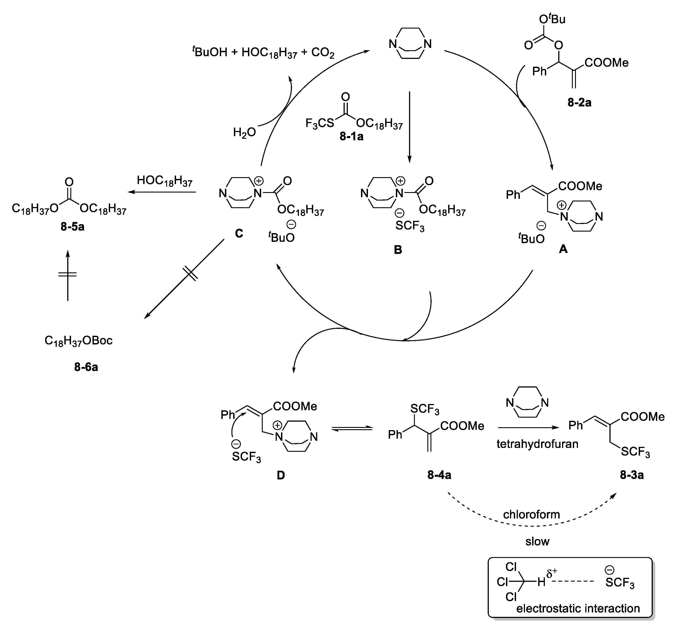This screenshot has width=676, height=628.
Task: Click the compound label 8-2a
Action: [579, 102]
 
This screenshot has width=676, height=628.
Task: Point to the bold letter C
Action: [239, 233]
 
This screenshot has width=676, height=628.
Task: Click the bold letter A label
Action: [563, 249]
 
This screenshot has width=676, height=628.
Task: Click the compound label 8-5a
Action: [72, 226]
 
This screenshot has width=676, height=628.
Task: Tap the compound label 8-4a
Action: [439, 475]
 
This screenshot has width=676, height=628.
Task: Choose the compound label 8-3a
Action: [632, 475]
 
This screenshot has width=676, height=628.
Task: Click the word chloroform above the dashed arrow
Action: [531, 515]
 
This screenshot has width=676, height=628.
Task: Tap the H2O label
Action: [244, 132]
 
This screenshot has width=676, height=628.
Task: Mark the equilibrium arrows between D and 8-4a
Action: [352, 429]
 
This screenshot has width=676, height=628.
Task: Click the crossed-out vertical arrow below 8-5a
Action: [68, 275]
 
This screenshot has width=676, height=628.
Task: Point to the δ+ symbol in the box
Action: [552, 574]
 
